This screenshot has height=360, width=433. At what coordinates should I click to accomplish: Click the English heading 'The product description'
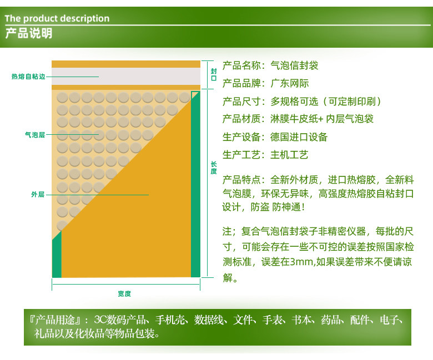pos(57,18)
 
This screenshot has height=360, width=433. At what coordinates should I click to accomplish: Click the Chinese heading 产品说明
pos(29,33)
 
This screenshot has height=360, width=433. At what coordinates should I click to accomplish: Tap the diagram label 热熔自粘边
pos(28,77)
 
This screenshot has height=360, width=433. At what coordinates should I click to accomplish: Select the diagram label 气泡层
pos(35,135)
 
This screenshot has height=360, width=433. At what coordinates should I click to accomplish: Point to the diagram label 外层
pos(38,195)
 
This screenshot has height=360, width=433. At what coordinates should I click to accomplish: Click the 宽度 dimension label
pos(124,294)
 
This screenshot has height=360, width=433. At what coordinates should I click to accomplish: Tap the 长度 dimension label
pos(214,168)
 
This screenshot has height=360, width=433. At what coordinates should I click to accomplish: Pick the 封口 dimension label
pos(214,74)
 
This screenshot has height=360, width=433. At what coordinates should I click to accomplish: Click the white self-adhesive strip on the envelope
pos(126,77)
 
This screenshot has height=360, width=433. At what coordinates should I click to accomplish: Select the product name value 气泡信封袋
pos(294,65)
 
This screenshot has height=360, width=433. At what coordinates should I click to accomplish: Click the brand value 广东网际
pos(289,83)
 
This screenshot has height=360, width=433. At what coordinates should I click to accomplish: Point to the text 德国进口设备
pos(299,137)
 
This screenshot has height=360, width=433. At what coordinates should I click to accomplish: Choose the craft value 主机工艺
pos(289,155)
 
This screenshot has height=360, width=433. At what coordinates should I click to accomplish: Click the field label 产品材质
pos(241,119)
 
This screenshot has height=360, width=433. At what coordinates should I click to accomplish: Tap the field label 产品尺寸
pos(241,102)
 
